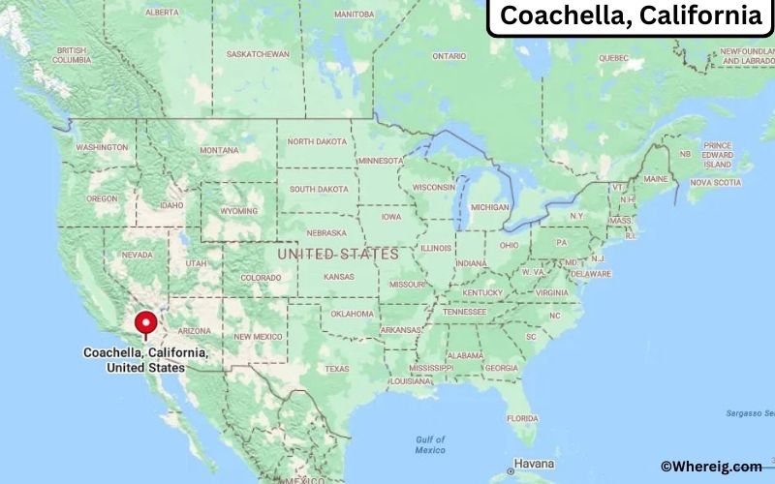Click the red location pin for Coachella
[146, 323]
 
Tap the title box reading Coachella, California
[631, 16]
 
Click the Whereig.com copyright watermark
[711, 467]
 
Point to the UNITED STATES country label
[338, 254]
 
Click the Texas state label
[336, 369]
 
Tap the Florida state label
[521, 418]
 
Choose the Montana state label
[218, 150]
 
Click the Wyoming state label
[239, 210]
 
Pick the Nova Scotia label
[715, 182]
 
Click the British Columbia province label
[72, 55]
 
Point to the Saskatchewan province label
[258, 54]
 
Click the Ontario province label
[449, 56]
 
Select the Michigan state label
[489, 207]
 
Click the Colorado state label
[261, 278]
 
